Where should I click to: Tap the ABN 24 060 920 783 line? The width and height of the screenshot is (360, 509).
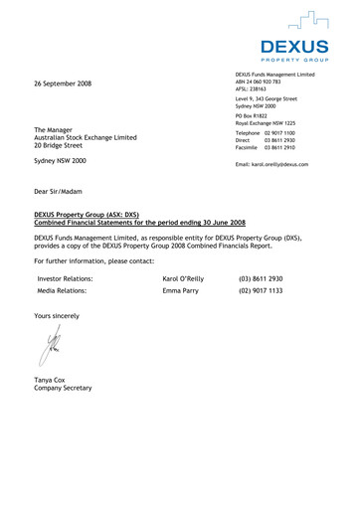pos(261,82)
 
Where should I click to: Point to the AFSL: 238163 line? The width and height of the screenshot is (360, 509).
pos(252,90)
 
